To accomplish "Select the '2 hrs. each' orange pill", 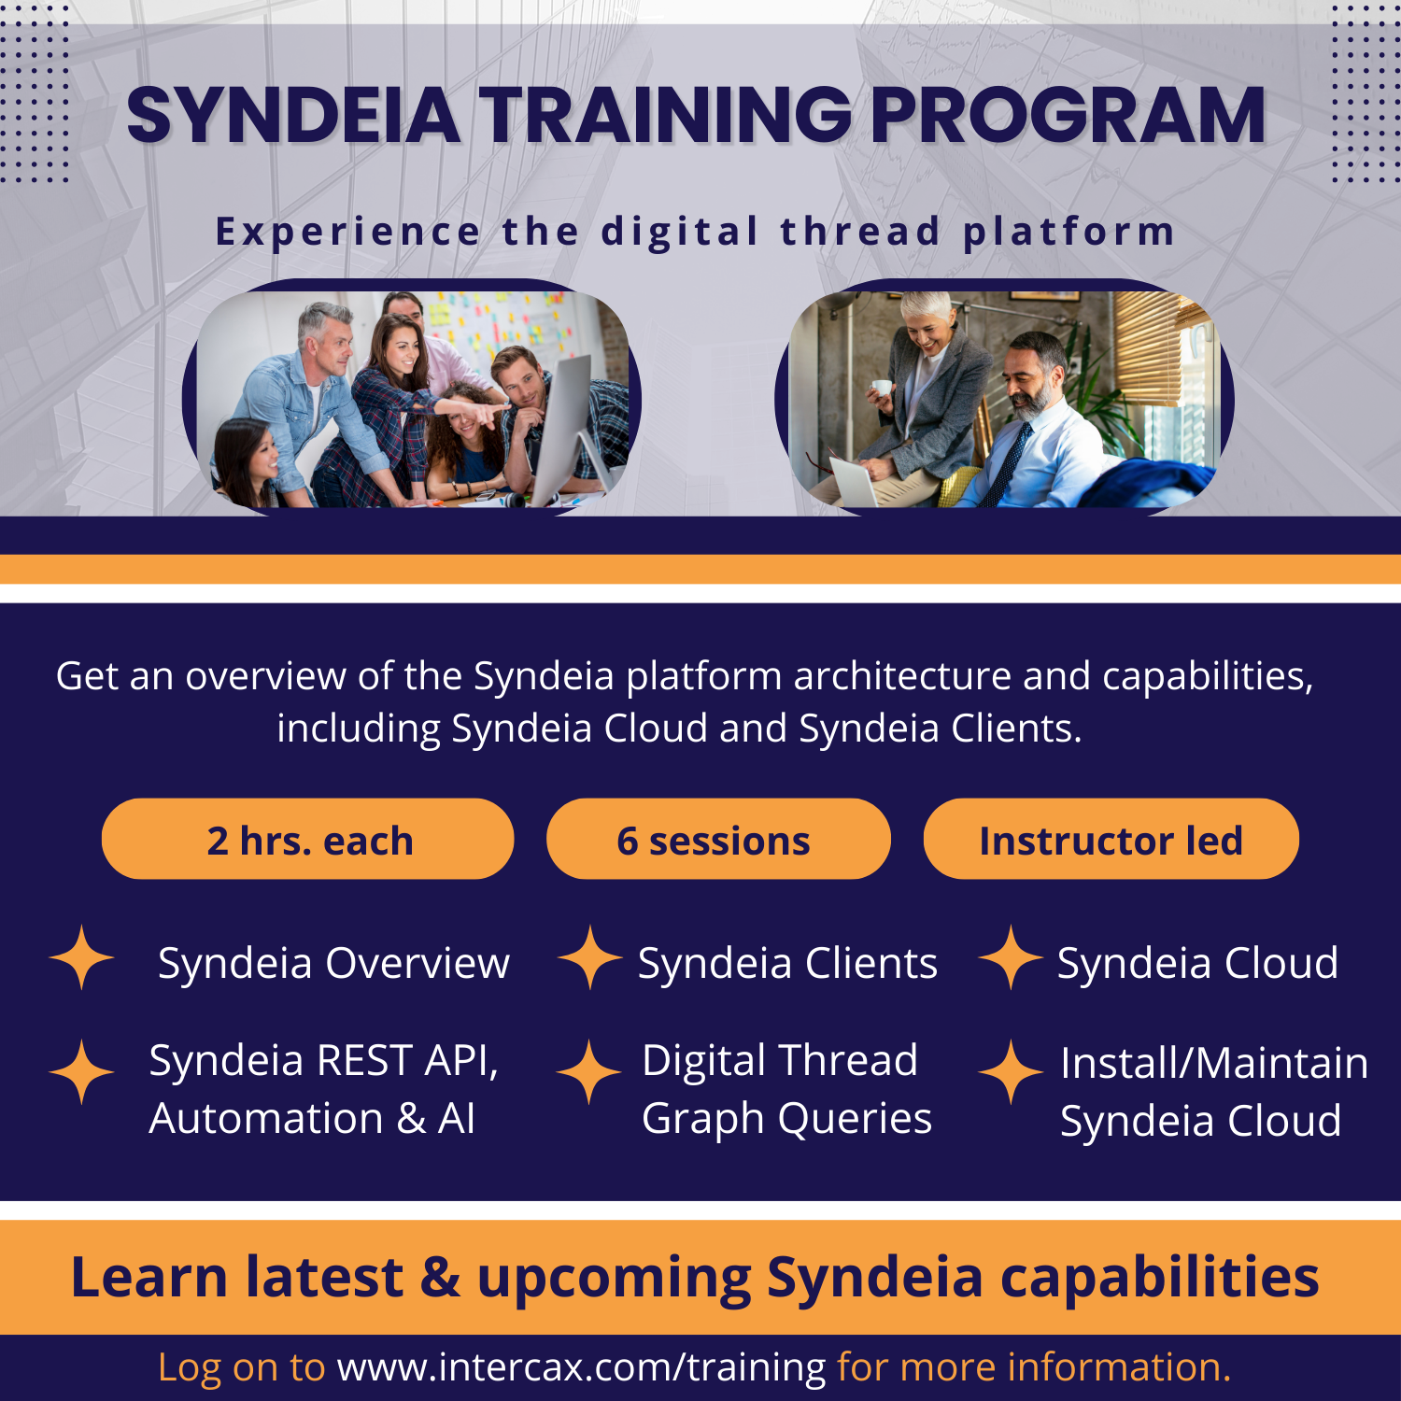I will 308,840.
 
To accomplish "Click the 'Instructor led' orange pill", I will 1111,840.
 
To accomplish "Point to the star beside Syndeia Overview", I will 82,957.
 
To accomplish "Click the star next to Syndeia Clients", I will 589,957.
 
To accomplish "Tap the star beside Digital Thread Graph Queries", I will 588,1072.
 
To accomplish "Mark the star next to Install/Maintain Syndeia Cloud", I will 1011,1072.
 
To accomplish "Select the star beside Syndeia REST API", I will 82,1072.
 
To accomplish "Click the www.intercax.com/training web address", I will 581,1367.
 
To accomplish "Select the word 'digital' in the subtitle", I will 679,232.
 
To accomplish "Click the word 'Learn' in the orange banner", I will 149,1278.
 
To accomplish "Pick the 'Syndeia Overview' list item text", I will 333,963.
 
